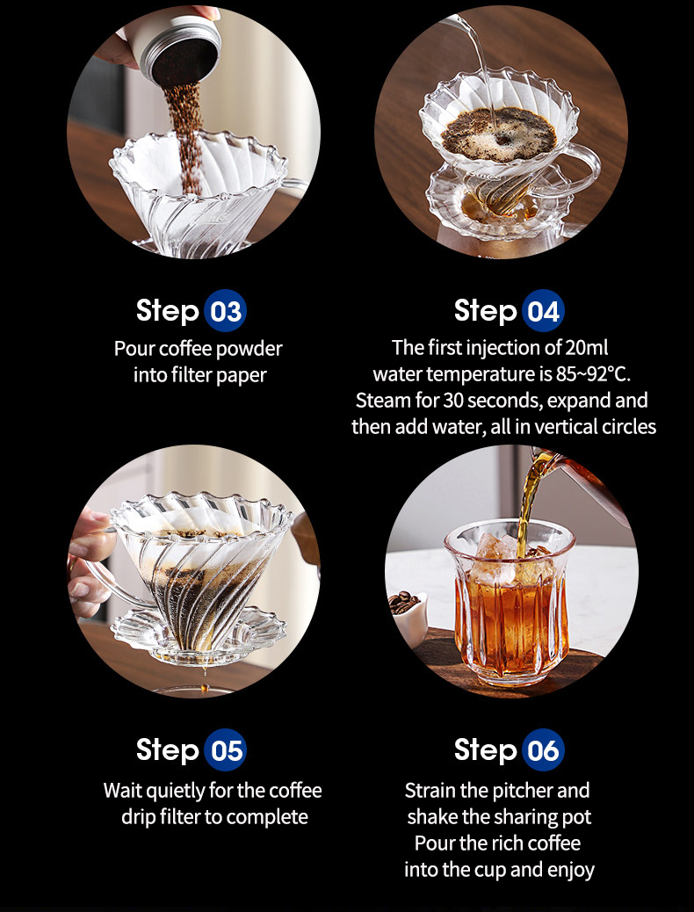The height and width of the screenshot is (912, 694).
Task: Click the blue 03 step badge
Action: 225,311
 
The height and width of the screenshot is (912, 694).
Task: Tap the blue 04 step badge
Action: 543,311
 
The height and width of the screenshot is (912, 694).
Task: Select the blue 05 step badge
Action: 225,749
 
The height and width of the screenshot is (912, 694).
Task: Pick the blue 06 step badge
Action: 543,749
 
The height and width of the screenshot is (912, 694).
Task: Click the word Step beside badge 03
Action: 168,311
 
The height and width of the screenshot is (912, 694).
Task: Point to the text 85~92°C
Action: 593,374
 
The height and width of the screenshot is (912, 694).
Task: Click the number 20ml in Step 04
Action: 586,348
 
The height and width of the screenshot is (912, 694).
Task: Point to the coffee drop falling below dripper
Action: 204,688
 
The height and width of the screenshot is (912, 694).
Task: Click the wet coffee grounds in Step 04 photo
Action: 499,134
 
